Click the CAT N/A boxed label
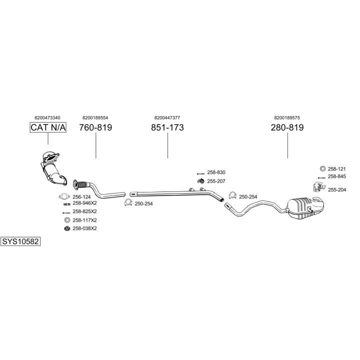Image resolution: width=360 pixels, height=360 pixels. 48,127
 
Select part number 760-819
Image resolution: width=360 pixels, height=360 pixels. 95,127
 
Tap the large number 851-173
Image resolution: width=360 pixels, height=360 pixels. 167,127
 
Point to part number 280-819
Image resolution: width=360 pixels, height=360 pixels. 287,127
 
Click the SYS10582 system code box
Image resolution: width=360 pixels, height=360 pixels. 20,241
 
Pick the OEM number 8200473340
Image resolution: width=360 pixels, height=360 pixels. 48,117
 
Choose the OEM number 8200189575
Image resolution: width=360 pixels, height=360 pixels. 287,117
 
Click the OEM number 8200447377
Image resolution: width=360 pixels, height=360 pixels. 168,117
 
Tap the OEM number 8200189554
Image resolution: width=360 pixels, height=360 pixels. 95,117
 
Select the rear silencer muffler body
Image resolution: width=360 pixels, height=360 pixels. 304,207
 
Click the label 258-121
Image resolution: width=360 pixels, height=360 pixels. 337,168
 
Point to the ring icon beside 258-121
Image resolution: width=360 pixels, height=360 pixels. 322,168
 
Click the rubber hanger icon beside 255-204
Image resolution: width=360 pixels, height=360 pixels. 317,187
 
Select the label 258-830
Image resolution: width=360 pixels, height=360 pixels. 216,172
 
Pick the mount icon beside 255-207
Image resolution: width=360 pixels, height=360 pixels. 200,180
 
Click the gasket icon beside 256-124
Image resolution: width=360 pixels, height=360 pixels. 63,196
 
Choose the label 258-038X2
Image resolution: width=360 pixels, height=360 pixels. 84,228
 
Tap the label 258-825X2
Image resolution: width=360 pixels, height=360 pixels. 84,211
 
